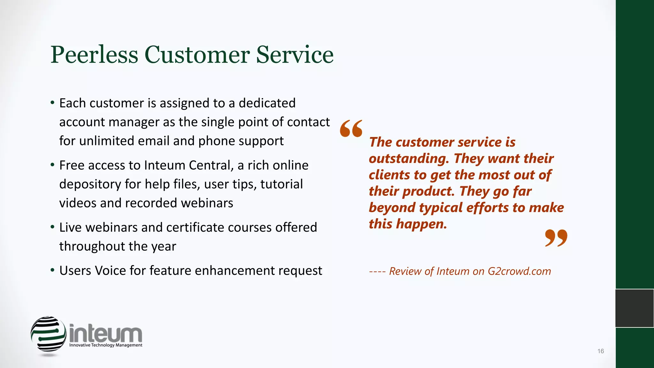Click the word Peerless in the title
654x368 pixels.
pyautogui.click(x=94, y=55)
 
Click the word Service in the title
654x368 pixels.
pyautogui.click(x=295, y=55)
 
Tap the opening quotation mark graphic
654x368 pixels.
pyautogui.click(x=351, y=128)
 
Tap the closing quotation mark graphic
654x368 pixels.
pyautogui.click(x=556, y=238)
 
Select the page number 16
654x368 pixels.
pyautogui.click(x=600, y=351)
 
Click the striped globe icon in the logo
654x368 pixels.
pyautogui.click(x=48, y=334)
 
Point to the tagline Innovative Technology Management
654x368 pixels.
pyautogui.click(x=106, y=345)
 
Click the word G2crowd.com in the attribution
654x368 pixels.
pyautogui.click(x=519, y=271)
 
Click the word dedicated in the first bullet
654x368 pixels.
pyautogui.click(x=267, y=103)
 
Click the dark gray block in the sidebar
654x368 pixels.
pyautogui.click(x=635, y=308)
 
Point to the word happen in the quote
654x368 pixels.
pyautogui.click(x=421, y=224)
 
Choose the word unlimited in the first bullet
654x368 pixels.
pyautogui.click(x=101, y=141)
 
